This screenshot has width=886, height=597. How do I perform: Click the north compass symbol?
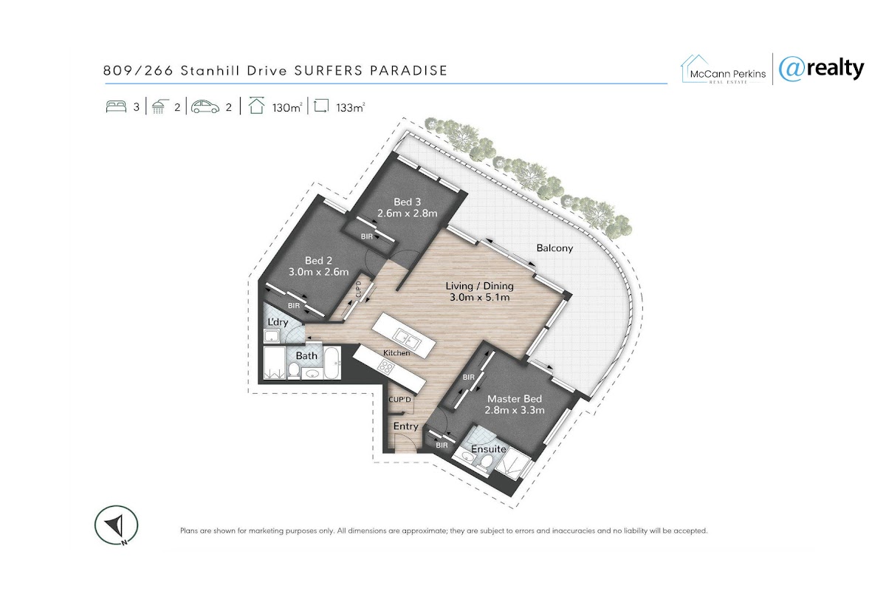[117, 525]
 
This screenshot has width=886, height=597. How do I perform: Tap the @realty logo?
[821, 69]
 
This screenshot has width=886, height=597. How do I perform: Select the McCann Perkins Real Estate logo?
[724, 69]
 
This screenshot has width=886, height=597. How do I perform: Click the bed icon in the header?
[116, 106]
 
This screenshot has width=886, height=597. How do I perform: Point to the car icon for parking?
[205, 107]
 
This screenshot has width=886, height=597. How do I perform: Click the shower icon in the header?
[159, 106]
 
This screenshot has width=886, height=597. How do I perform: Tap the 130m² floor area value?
[287, 107]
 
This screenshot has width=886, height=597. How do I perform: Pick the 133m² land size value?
[351, 107]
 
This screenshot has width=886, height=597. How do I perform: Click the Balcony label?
[554, 248]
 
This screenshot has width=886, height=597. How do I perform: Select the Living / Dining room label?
[479, 286]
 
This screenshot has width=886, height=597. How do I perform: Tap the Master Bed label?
[514, 399]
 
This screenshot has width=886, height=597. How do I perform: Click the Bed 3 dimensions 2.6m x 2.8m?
[407, 214]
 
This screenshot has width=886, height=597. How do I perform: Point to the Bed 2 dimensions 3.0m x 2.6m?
[318, 272]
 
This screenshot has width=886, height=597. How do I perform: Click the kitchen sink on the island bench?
[406, 338]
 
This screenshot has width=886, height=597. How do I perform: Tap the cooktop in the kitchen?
[385, 367]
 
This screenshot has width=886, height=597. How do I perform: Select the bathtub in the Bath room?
[332, 363]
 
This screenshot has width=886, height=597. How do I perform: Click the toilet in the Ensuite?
[486, 462]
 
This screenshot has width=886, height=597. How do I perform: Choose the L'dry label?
[278, 322]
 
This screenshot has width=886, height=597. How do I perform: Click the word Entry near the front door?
[406, 426]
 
